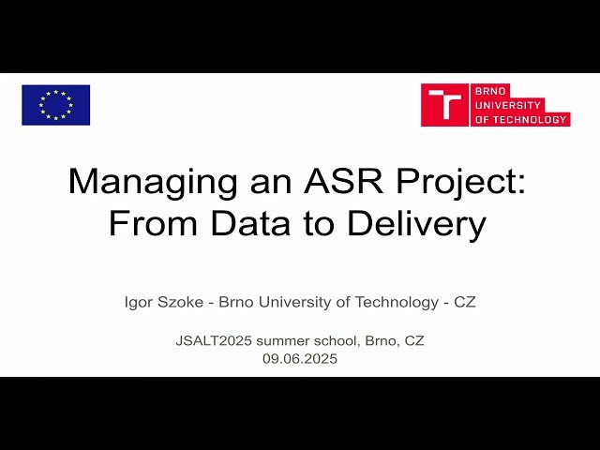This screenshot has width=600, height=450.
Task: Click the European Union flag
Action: coord(56,105)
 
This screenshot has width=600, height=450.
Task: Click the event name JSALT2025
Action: coord(211,340)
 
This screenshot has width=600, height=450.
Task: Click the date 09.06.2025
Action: coord(300,358)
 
